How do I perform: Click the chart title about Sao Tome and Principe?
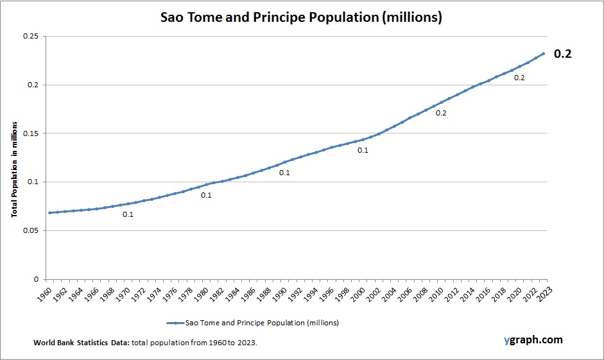[x=301, y=18]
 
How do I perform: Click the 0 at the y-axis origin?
[x=36, y=279]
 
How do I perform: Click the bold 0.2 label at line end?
[x=562, y=54]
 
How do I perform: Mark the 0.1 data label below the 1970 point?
[x=128, y=214]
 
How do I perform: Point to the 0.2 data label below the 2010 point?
[x=441, y=113]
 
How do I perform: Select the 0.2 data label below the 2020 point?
[x=519, y=78]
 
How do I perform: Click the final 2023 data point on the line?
[x=544, y=53]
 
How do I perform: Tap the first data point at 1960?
[x=49, y=212]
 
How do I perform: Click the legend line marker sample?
[x=175, y=322]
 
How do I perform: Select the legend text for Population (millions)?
[x=262, y=322]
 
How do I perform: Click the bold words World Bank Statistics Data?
[x=82, y=343]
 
